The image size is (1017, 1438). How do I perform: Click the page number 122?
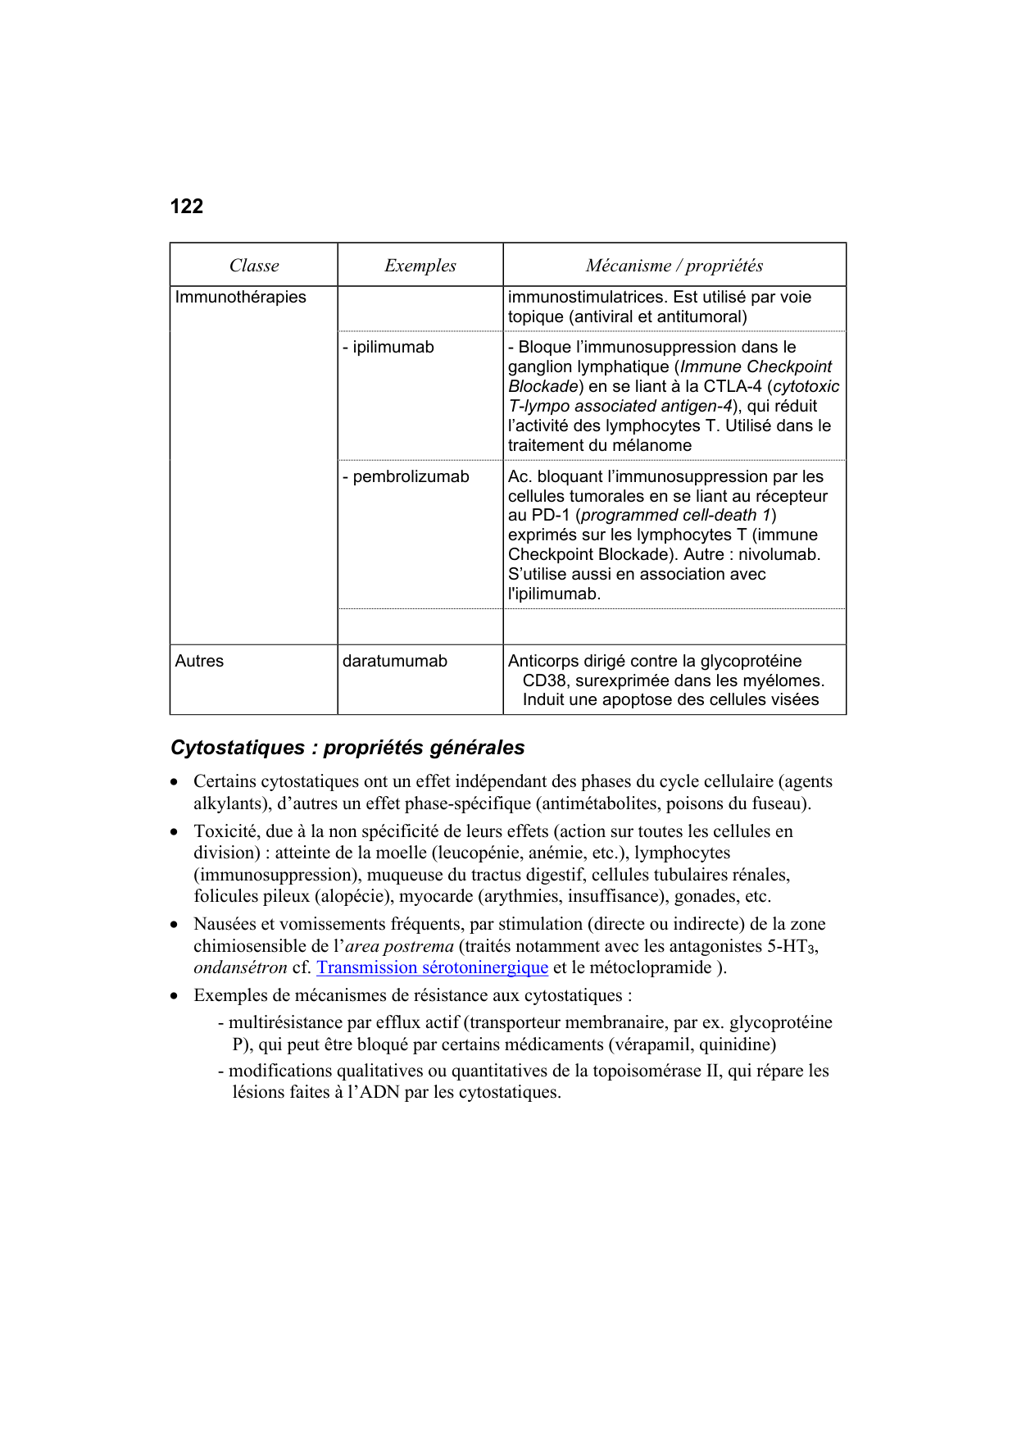(186, 207)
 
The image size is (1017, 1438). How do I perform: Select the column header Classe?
(254, 266)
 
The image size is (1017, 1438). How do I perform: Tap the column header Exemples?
(420, 266)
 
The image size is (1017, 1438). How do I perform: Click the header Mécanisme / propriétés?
(674, 266)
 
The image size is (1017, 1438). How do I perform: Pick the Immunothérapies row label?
(240, 298)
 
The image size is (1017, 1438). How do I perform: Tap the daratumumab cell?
(394, 662)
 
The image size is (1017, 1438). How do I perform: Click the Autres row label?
(199, 662)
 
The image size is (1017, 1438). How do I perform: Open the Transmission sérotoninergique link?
(432, 968)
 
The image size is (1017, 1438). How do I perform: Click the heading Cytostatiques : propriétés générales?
(347, 748)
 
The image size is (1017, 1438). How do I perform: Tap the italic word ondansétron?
(240, 968)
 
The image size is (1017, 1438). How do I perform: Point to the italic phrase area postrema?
(399, 946)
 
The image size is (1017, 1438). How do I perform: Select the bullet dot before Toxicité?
(175, 832)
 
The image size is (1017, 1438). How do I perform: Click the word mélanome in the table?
(652, 446)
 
